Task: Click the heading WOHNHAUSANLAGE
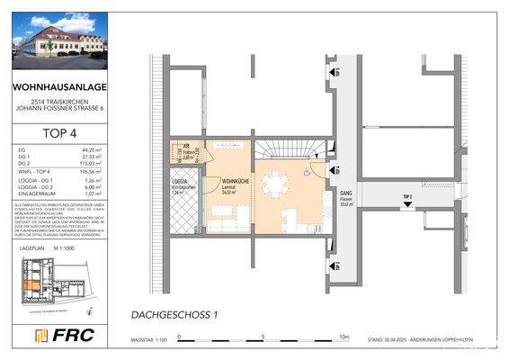[59, 88]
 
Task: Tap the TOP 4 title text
[59, 129]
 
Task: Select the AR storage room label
[183, 150]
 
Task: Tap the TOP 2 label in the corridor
[406, 196]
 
